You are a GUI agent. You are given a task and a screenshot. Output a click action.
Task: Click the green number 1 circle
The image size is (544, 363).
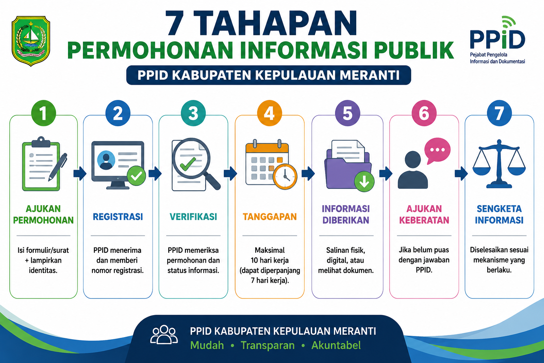(x=44, y=113)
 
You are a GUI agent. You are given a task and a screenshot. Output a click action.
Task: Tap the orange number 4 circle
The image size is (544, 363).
(x=269, y=113)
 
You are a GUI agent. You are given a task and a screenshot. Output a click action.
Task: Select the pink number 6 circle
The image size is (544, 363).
(x=424, y=113)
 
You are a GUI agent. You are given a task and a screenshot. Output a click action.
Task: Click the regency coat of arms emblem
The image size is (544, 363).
(x=31, y=41)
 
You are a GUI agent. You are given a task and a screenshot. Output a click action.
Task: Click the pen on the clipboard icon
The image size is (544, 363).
(x=58, y=167)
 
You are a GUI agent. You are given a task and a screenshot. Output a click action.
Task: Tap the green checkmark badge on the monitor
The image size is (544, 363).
(x=136, y=176)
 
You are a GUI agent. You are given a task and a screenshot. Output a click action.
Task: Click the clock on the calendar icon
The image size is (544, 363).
(x=285, y=177)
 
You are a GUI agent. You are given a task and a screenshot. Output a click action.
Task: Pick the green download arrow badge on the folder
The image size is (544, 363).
(x=364, y=181)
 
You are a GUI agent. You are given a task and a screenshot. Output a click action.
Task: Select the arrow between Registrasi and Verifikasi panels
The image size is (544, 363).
(x=155, y=173)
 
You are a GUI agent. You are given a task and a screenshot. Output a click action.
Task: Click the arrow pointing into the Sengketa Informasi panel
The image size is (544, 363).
(x=461, y=174)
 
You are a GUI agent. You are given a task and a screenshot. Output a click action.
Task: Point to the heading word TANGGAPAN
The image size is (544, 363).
(x=270, y=217)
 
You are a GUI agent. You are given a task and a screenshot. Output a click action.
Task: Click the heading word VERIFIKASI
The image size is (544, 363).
(x=193, y=217)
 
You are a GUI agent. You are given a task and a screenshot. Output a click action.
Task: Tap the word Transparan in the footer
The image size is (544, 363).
(x=267, y=345)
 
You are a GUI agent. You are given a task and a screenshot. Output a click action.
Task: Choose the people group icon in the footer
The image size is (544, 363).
(x=164, y=335)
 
